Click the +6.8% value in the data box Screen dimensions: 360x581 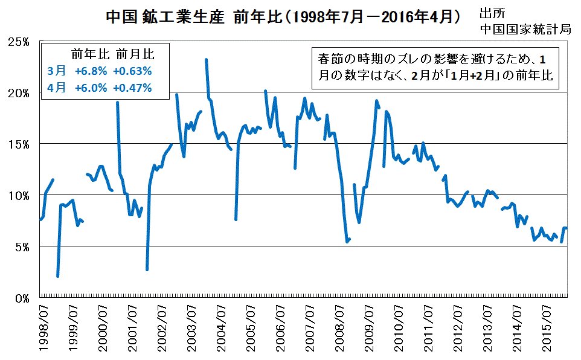tap(91, 71)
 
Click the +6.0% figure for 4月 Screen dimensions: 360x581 tap(91, 88)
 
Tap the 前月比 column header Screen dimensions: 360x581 tap(133, 54)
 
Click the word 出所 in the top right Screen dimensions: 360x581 tap(490, 14)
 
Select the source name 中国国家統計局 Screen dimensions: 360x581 tap(525, 29)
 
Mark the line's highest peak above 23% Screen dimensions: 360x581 tap(206, 59)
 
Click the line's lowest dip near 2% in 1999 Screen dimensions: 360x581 tap(57, 276)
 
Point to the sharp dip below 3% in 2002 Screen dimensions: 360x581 tap(147, 269)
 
